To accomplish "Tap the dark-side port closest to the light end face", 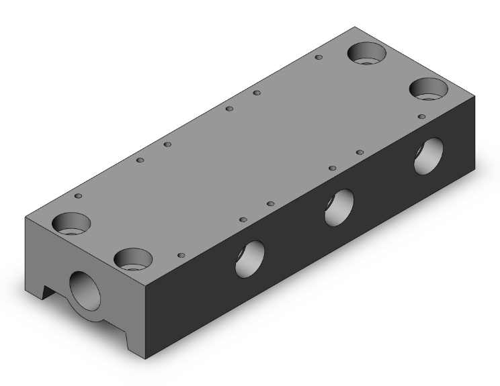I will (249, 258).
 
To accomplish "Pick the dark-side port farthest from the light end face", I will (428, 156).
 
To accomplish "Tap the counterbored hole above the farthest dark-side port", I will (429, 88).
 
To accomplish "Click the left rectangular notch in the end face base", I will (48, 293).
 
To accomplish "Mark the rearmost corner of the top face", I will (353, 27).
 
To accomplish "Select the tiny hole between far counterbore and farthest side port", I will (421, 116).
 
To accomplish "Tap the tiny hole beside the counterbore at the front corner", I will (181, 255).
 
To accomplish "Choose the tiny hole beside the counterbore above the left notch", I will (79, 196).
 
